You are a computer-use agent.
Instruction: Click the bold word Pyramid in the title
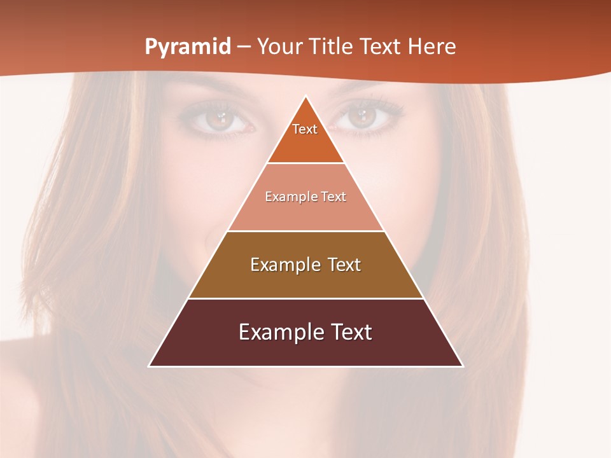[x=188, y=47]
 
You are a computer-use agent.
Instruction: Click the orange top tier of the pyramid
[x=305, y=143]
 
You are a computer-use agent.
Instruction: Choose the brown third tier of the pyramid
[x=305, y=280]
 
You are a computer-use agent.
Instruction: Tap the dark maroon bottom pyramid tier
[x=305, y=350]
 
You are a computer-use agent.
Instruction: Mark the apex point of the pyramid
[x=306, y=96]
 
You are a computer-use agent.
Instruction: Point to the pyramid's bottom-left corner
[x=150, y=366]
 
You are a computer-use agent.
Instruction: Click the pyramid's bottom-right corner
[x=463, y=366]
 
